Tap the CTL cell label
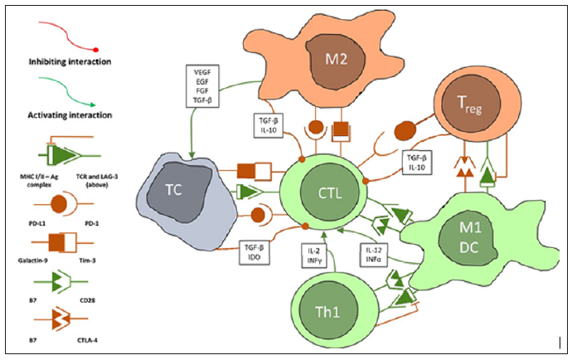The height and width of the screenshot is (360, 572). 329,193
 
